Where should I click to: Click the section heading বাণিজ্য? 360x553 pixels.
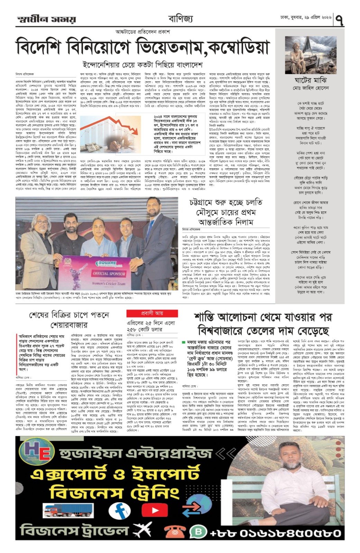[180, 19]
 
